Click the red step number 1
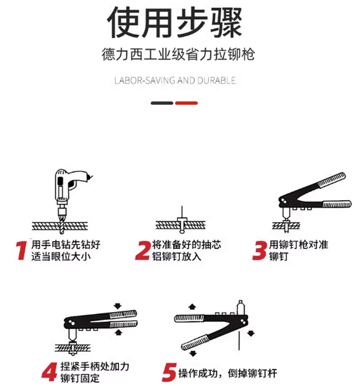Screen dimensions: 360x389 tap(21, 251)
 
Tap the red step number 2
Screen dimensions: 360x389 tap(143, 251)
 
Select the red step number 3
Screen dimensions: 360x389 tap(260, 251)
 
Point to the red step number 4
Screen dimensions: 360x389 tap(49, 371)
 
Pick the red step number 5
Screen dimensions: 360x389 tap(169, 372)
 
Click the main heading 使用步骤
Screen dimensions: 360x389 tap(174, 22)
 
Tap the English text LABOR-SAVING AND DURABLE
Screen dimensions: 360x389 tap(175, 81)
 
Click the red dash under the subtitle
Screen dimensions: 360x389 tap(186, 103)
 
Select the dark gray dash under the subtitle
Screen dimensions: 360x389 tap(162, 103)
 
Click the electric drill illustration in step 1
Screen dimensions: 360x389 tap(72, 191)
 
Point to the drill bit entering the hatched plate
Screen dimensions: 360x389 tap(62, 226)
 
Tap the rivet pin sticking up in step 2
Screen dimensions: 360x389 tap(182, 212)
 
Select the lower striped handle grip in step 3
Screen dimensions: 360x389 tap(336, 204)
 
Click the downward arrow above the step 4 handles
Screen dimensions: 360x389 tap(118, 306)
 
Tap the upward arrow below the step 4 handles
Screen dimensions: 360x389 tap(119, 332)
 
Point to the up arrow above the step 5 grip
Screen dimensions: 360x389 tap(192, 307)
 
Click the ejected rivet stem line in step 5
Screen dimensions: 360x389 tap(239, 341)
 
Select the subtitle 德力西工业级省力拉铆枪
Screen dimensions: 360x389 tap(178, 54)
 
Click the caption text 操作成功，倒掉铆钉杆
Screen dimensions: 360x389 tap(228, 373)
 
